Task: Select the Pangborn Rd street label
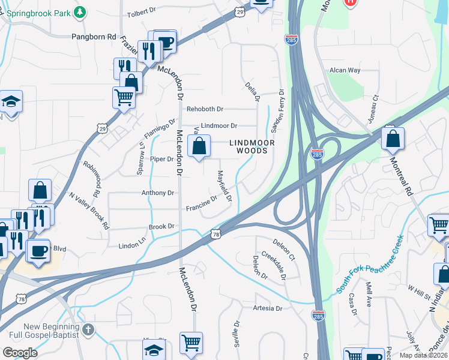tap(94, 37)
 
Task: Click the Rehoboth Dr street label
tap(205, 109)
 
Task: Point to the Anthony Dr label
tap(157, 193)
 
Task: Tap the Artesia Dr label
tap(267, 308)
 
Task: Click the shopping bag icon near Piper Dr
tap(199, 146)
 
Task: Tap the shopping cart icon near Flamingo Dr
tap(124, 96)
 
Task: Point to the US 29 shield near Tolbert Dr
tap(240, 11)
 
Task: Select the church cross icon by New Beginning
tap(88, 329)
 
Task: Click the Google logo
tap(20, 353)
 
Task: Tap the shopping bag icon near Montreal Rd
tap(392, 139)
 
